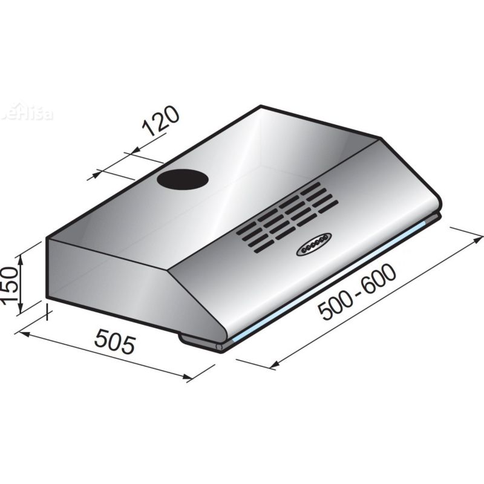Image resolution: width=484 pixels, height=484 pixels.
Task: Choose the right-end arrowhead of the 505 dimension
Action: [188, 378]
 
